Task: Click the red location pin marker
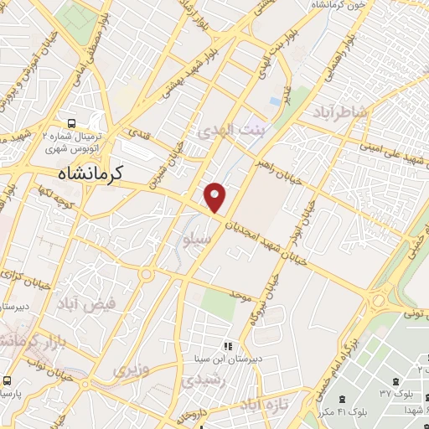click(216, 197)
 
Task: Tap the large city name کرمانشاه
click(90, 173)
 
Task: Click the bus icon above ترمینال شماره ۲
click(72, 121)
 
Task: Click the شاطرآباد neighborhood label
click(341, 112)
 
